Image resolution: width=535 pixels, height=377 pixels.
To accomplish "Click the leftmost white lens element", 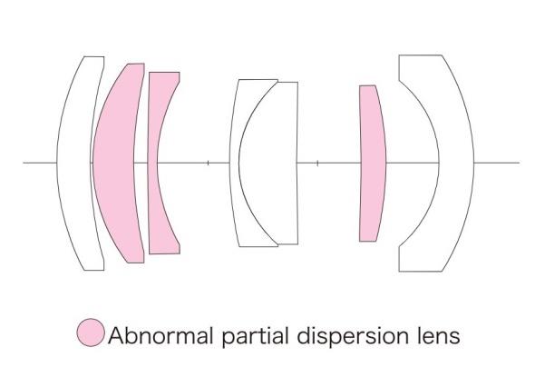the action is (x=73, y=164).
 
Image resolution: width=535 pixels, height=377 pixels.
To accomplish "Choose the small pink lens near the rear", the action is (x=373, y=164).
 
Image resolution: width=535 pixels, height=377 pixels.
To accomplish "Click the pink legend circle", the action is (x=90, y=332).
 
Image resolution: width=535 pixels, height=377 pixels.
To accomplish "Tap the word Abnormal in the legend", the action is (x=160, y=335).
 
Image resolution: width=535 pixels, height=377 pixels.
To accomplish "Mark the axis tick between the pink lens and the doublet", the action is (x=209, y=163).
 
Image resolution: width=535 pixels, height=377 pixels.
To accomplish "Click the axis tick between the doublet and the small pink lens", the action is (x=317, y=163).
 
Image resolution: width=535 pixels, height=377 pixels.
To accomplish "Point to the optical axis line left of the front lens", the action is (x=40, y=163).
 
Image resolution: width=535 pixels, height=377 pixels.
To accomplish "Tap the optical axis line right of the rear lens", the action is (x=497, y=163).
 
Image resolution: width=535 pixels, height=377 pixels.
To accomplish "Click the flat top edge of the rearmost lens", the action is (x=421, y=55).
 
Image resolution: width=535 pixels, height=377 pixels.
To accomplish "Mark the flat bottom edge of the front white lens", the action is (x=94, y=270).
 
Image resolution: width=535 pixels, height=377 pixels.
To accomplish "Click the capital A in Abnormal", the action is (x=116, y=335).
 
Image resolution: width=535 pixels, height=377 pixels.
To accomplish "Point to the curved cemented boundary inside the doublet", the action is (x=239, y=164).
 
